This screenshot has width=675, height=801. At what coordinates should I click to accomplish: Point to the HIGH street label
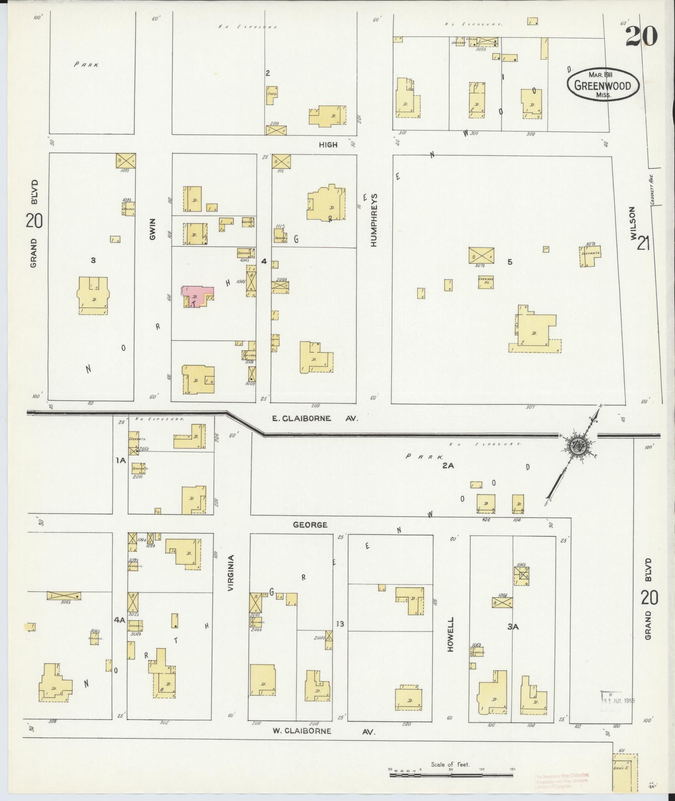click(x=328, y=144)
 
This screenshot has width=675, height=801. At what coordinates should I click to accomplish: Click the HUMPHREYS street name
click(x=374, y=219)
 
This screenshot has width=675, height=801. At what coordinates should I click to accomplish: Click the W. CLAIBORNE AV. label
click(x=324, y=731)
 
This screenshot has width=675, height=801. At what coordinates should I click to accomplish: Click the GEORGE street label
click(x=310, y=524)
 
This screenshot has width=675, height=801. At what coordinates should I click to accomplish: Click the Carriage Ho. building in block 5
click(x=485, y=282)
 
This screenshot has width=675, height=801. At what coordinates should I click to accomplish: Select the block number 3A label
click(x=513, y=627)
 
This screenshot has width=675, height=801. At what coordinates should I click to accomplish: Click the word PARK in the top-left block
click(x=87, y=64)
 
